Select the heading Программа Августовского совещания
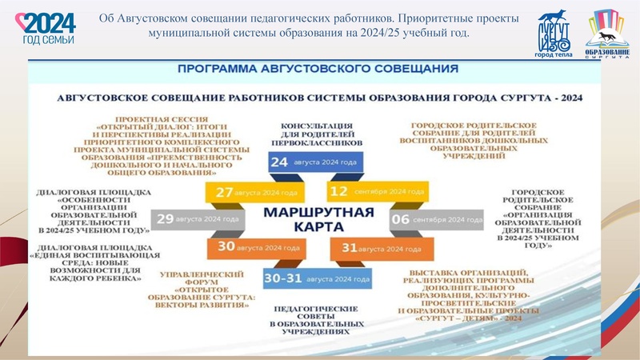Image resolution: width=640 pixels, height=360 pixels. [318, 69]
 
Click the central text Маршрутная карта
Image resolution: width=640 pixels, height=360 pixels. [318, 220]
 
